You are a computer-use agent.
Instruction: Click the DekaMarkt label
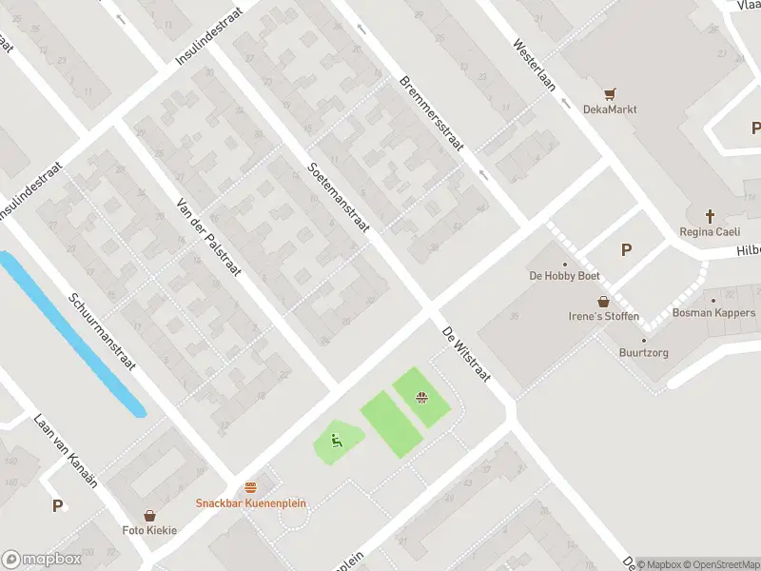pyautogui.click(x=610, y=109)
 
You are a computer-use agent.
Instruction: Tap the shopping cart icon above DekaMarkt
pyautogui.click(x=611, y=93)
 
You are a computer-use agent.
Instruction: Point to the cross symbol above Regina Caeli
pyautogui.click(x=710, y=217)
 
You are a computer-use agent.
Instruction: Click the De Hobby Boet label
pyautogui.click(x=564, y=277)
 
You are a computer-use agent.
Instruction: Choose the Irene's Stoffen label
pyautogui.click(x=604, y=317)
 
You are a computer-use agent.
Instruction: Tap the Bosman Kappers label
pyautogui.click(x=713, y=313)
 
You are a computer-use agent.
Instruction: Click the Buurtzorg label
pyautogui.click(x=643, y=352)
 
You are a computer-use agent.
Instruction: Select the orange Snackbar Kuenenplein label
pyautogui.click(x=251, y=503)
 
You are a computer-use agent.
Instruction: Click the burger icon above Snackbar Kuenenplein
pyautogui.click(x=251, y=487)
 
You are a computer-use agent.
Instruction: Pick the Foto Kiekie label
pyautogui.click(x=149, y=530)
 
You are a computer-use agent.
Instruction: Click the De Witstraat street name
pyautogui.click(x=465, y=354)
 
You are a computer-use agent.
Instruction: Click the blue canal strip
pyautogui.click(x=72, y=332)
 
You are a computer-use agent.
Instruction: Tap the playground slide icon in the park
pyautogui.click(x=335, y=441)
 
